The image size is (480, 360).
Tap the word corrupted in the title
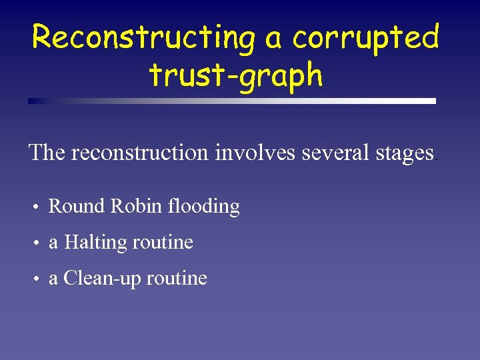click(365, 38)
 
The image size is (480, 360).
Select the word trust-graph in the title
click(237, 75)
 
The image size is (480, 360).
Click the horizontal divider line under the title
click(232, 101)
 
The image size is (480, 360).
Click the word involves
click(256, 153)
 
